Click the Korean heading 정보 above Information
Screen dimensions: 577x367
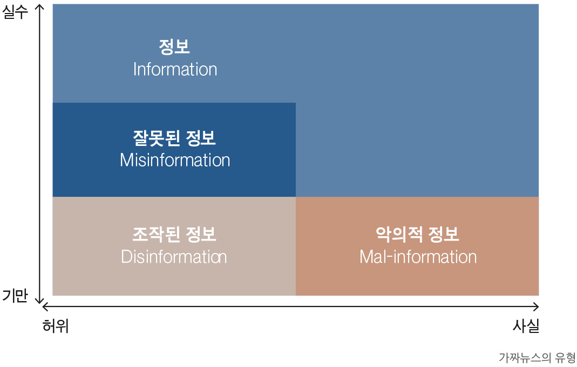[174, 47]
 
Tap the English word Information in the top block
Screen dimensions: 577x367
[175, 69]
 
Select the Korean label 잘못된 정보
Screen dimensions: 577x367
[174, 138]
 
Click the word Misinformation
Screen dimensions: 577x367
[175, 161]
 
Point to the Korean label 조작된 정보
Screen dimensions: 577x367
[174, 235]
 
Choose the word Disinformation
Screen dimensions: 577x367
[174, 257]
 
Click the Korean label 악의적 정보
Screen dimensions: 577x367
[417, 235]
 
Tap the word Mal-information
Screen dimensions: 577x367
[418, 257]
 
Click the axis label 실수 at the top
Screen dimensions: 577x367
[15, 12]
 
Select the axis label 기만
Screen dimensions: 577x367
[15, 296]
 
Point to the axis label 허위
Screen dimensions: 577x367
[56, 326]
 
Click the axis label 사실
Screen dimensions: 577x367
[526, 326]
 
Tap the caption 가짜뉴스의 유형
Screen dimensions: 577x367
[537, 357]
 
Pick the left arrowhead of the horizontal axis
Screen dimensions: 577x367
[44, 306]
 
